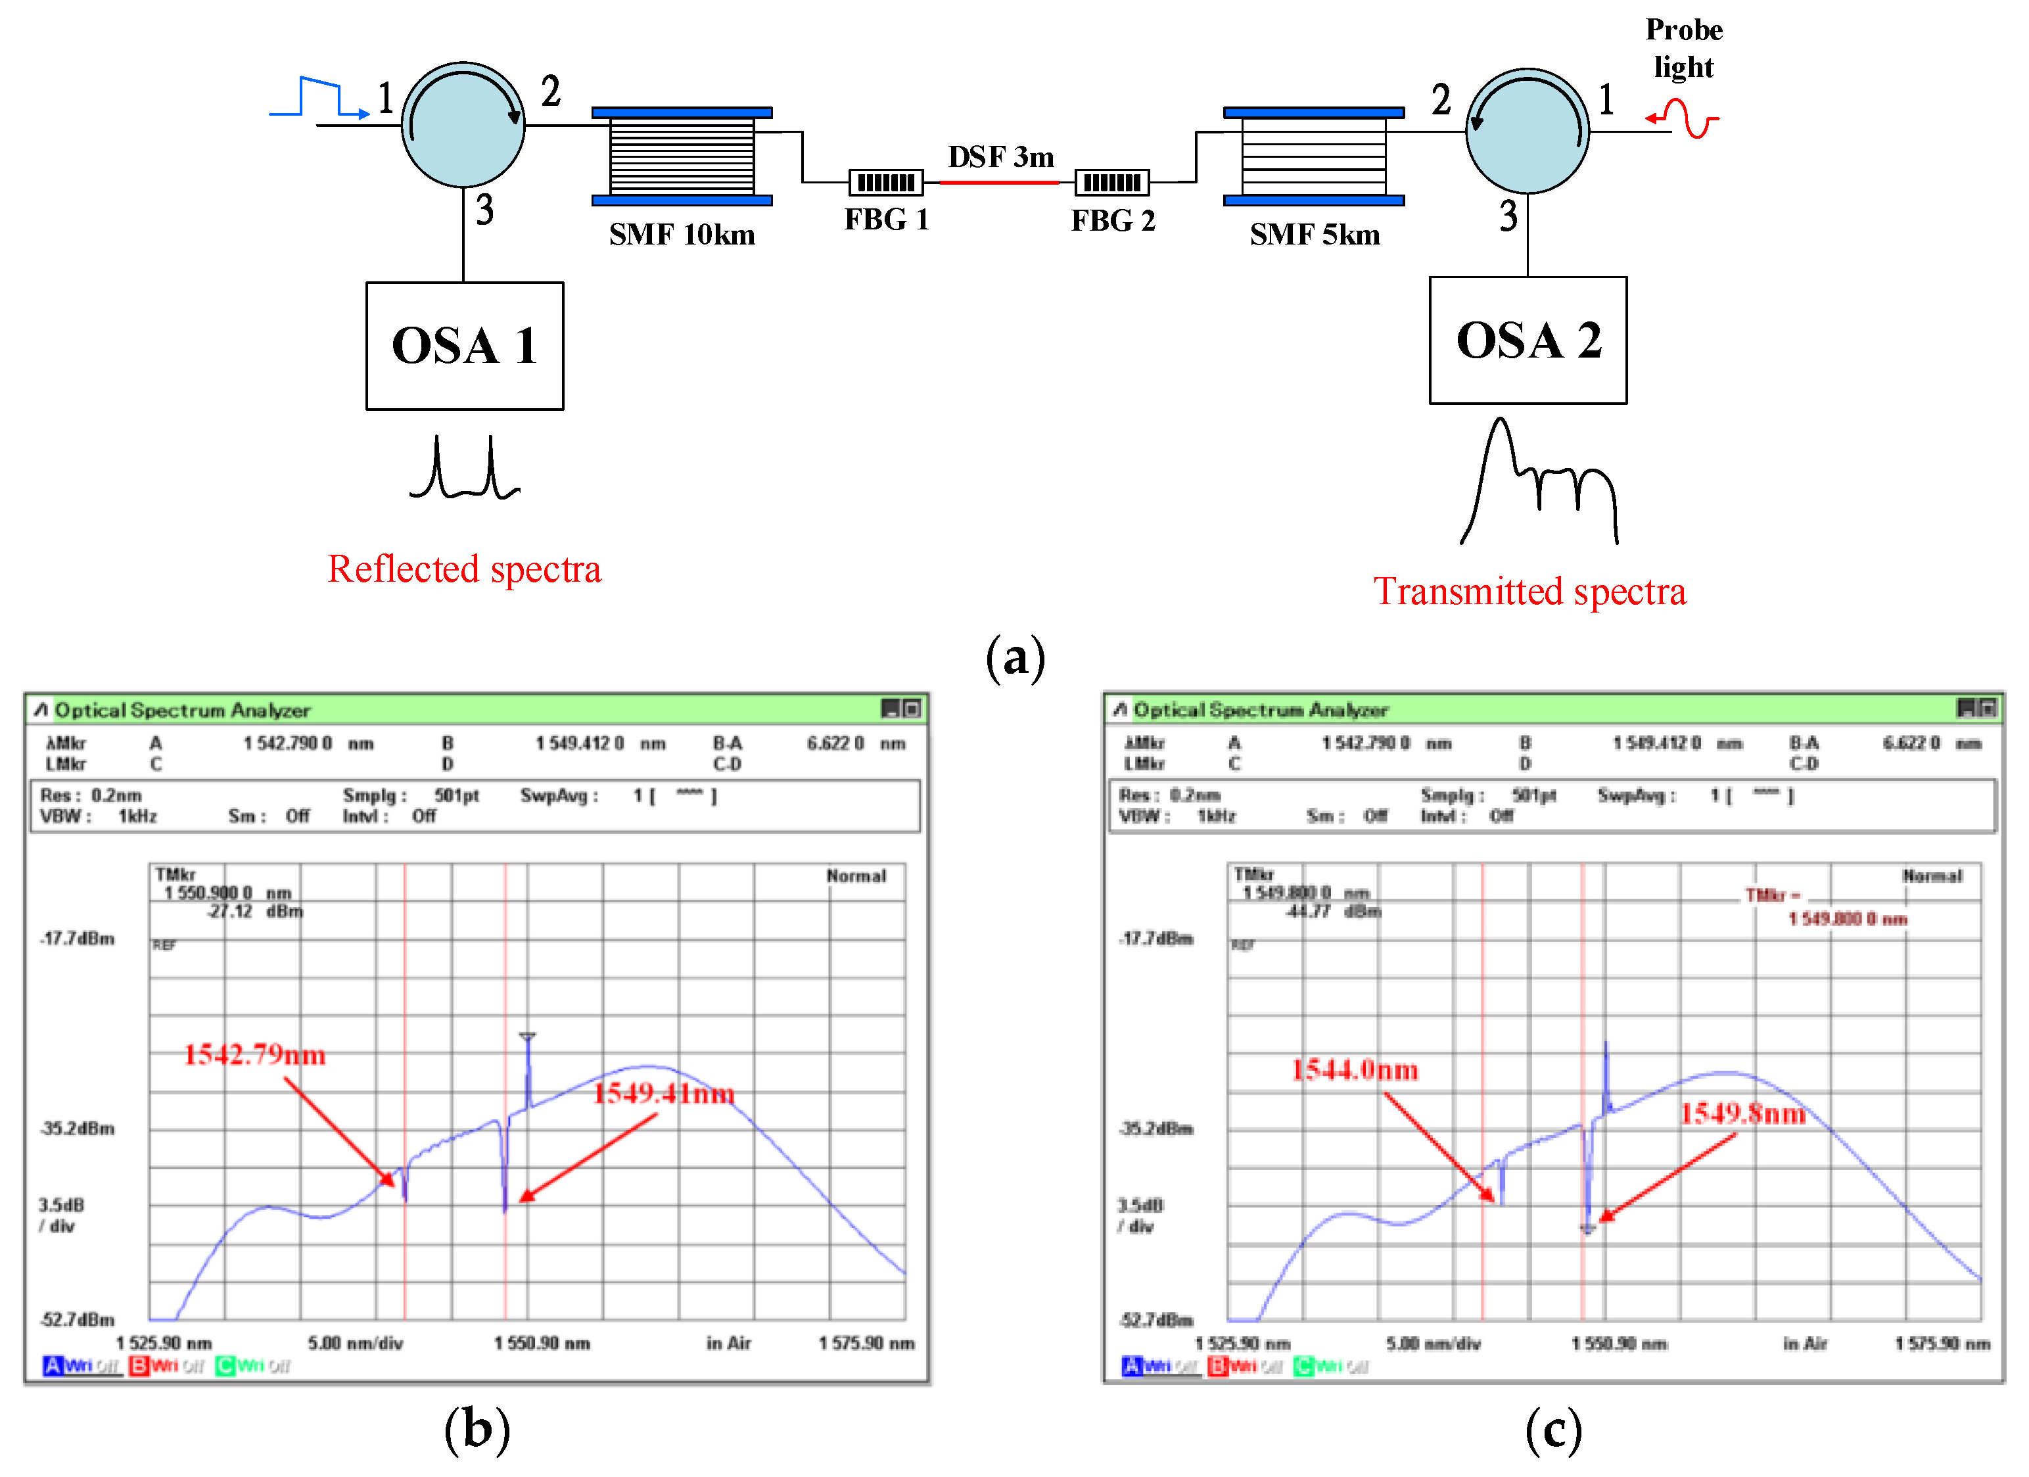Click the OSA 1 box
[x=464, y=346]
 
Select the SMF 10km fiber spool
[x=682, y=156]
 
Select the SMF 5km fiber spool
[x=1313, y=156]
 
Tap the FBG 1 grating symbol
[x=886, y=183]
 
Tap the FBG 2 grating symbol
[x=1112, y=183]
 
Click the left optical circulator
[x=463, y=126]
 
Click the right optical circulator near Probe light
[x=1527, y=131]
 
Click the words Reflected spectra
[x=464, y=570]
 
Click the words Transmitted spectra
[x=1529, y=592]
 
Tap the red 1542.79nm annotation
[x=255, y=1055]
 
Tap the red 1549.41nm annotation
[x=664, y=1093]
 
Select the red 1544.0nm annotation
[x=1355, y=1070]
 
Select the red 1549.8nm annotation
[x=1742, y=1114]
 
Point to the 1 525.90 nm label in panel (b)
[x=164, y=1343]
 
